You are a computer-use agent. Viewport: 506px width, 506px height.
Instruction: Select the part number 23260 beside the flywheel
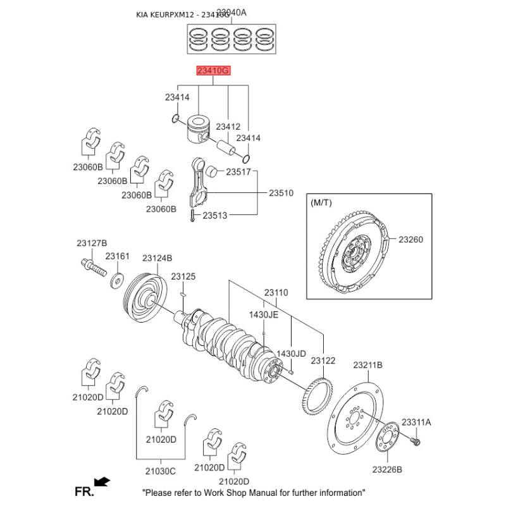coord(410,240)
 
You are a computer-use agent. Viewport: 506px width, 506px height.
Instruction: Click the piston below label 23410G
coord(200,130)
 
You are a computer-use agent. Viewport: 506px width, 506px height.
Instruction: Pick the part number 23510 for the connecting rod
coord(281,192)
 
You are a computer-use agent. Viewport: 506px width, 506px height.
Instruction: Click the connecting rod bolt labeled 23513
coord(191,216)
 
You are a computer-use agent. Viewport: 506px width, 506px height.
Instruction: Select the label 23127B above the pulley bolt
coord(92,244)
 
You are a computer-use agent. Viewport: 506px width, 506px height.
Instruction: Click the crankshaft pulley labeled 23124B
coord(144,294)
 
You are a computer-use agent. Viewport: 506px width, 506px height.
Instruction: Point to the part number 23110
coord(276,293)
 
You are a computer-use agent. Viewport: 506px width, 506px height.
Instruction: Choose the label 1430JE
coord(263,314)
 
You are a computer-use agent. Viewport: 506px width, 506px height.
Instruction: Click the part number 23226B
coord(387,469)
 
